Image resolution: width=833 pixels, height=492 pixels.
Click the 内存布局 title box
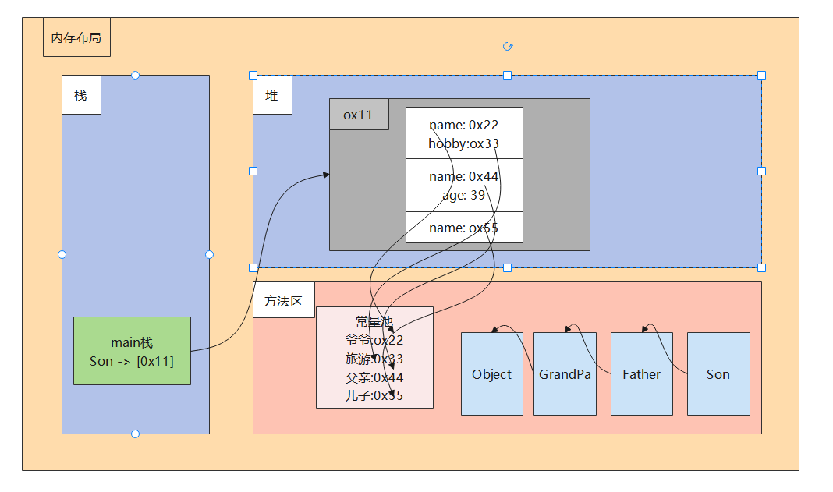pos(76,37)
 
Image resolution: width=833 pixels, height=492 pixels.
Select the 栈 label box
pos(81,95)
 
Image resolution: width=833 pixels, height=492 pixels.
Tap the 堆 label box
pos(272,95)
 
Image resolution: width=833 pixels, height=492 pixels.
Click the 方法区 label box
pos(283,300)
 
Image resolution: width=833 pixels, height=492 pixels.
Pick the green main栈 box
pos(132,351)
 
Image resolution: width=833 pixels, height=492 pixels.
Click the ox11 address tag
pos(359,115)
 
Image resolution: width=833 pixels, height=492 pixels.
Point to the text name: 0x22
pos(463,126)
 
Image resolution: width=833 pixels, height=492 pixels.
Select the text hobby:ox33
pos(463,143)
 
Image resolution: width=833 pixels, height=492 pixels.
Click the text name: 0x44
pos(463,177)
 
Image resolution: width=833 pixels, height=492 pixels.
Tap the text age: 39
pos(463,195)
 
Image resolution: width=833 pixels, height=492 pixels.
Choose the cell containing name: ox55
pos(464,228)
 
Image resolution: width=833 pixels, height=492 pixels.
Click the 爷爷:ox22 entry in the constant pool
pos(374,341)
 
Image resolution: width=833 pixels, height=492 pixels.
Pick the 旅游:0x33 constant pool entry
pos(374,359)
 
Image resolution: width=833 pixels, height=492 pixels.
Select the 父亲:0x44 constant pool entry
pos(374,377)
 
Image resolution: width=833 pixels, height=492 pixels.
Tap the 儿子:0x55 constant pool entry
pos(374,395)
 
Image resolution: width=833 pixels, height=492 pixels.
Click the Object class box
pos(491,374)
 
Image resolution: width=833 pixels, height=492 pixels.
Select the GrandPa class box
pos(565,374)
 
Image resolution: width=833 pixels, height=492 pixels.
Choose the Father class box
pos(641,374)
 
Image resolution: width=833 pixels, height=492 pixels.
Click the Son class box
pos(718,374)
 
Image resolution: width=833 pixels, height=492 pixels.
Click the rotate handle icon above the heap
pos(508,47)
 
